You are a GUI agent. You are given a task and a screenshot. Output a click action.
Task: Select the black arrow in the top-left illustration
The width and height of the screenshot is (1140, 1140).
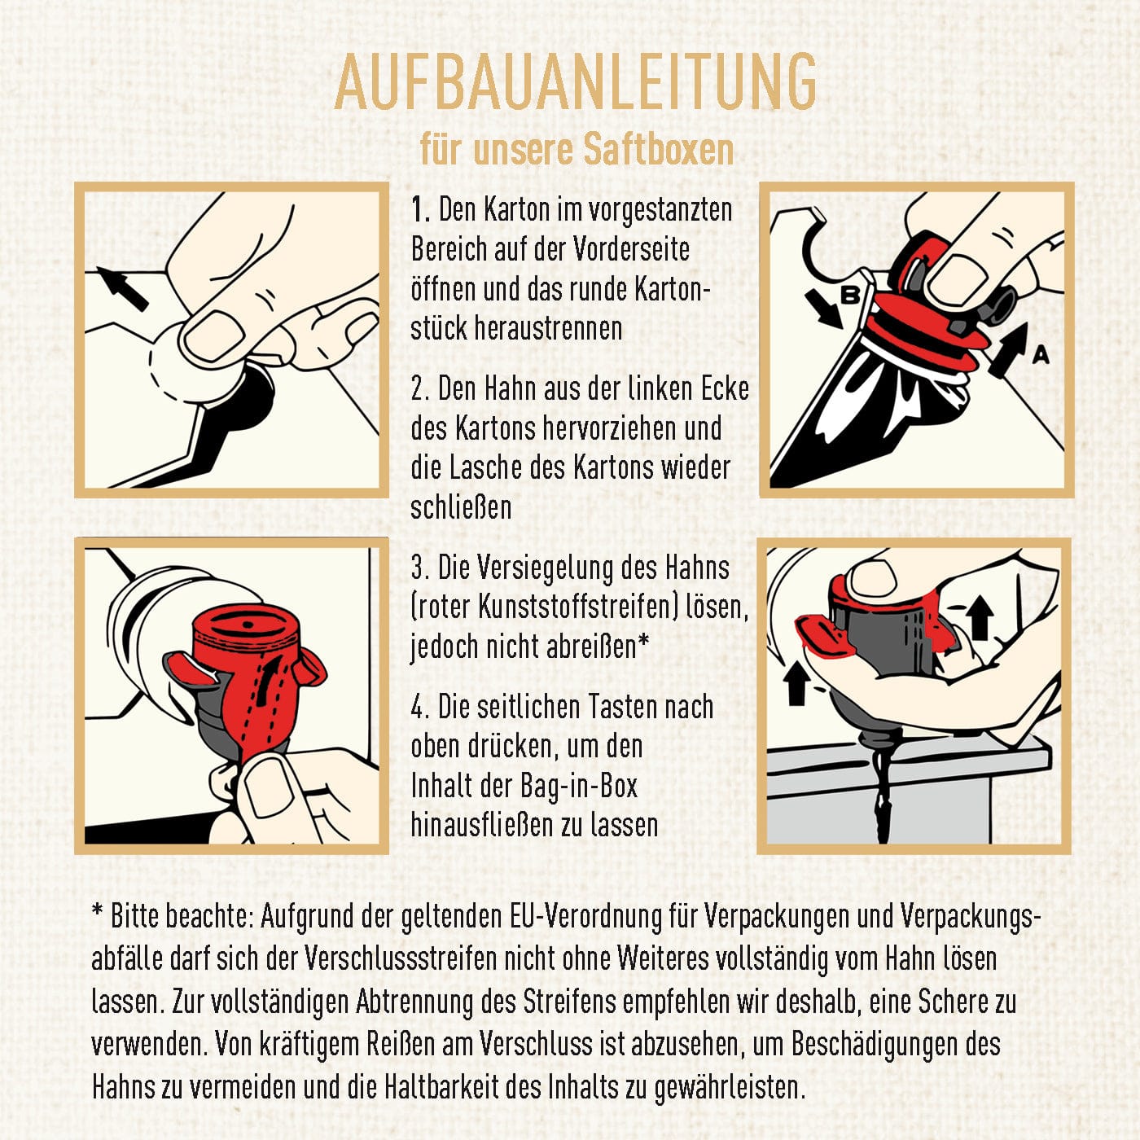[x=122, y=289]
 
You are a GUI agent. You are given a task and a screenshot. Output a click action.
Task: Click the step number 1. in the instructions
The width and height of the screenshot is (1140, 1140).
[x=421, y=210]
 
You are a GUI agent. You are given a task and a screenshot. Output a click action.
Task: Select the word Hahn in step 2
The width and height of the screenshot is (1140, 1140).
[x=520, y=388]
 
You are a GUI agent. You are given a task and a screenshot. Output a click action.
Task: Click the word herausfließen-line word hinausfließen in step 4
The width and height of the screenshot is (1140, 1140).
[x=481, y=826]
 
